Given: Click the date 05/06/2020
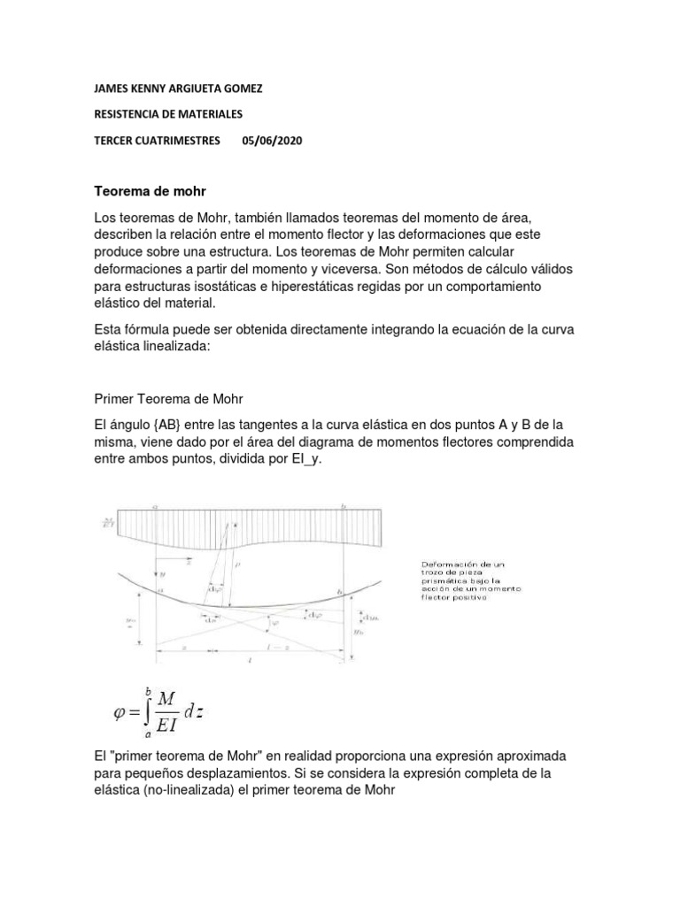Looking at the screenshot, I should (272, 140).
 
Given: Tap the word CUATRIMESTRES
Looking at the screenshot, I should (182, 140).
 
